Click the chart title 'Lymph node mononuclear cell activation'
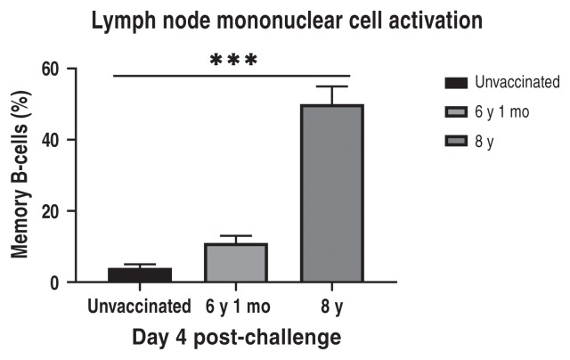[285, 20]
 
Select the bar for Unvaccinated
[141, 274]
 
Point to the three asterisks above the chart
[233, 61]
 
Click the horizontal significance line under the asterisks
[233, 76]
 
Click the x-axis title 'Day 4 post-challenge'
[235, 339]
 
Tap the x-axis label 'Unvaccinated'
[140, 307]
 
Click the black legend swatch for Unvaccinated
[456, 84]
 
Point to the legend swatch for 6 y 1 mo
[456, 112]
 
